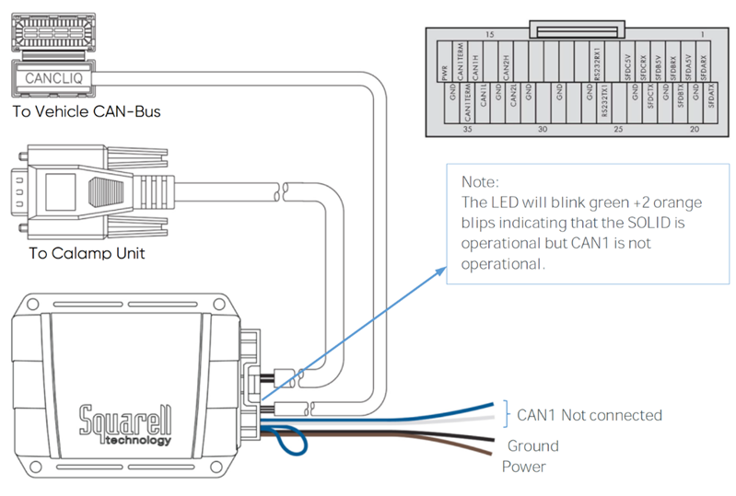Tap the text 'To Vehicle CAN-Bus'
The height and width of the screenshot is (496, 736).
(x=87, y=112)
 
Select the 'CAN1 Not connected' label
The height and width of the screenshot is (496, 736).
(x=589, y=415)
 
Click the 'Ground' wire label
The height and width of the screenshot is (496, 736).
(x=532, y=445)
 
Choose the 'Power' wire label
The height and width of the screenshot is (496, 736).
(x=523, y=467)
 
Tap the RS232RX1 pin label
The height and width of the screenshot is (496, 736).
(x=597, y=65)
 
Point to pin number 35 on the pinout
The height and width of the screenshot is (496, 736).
(x=468, y=130)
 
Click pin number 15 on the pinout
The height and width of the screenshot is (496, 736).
(x=490, y=34)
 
